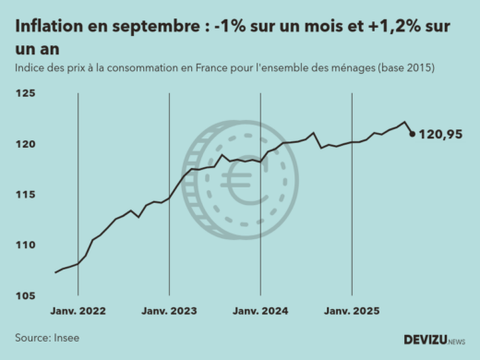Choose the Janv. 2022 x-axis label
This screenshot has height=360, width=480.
tap(78, 312)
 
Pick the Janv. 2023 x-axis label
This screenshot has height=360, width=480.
tap(169, 312)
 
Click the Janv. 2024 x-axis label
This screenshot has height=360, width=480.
tap(261, 312)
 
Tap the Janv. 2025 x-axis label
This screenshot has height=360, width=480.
tap(352, 312)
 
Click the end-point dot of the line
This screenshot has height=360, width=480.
tap(412, 134)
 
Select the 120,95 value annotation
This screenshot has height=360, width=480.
tap(440, 135)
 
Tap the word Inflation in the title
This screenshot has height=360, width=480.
tap(46, 29)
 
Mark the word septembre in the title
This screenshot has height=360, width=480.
tap(147, 29)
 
